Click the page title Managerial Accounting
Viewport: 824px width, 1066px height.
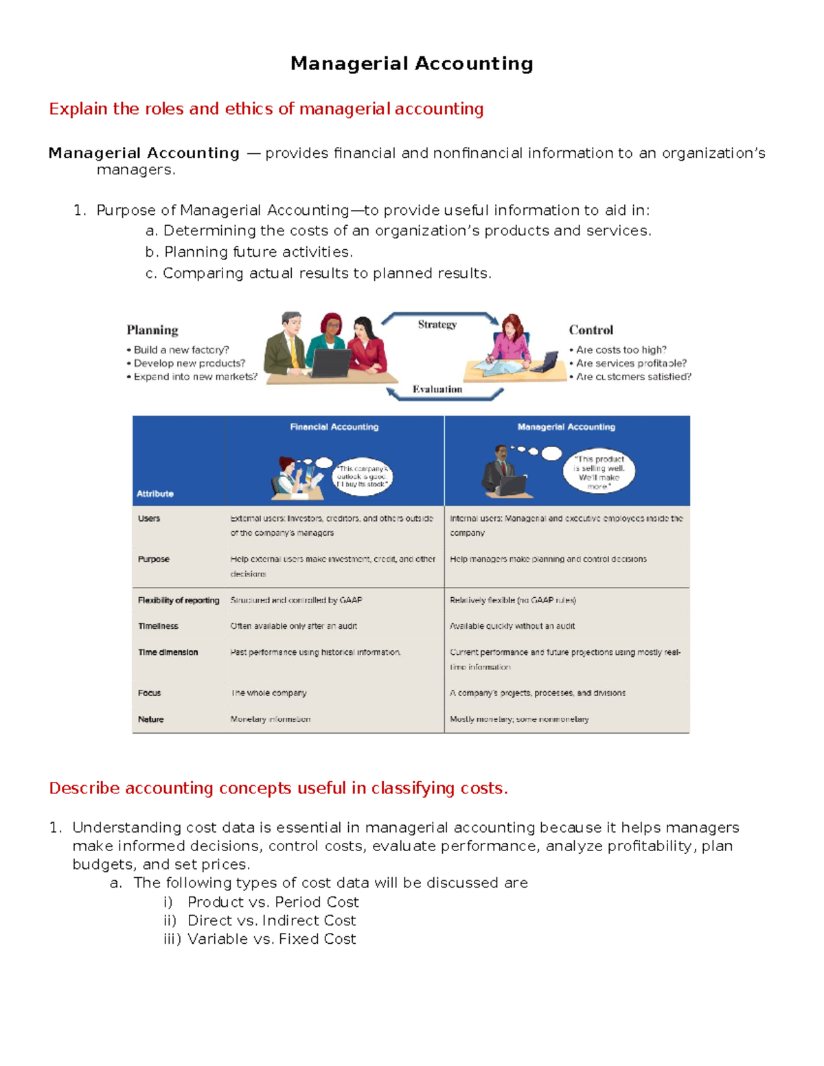coord(411,64)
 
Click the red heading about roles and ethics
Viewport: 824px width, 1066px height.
coord(266,109)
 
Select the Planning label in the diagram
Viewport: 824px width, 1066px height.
coord(152,330)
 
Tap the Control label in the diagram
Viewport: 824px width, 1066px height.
coord(591,330)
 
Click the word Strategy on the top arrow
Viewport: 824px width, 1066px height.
coord(437,325)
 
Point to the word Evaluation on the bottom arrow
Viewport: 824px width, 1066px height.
coord(437,389)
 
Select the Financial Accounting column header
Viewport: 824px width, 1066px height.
coord(334,427)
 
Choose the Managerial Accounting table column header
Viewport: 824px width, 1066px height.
coord(566,427)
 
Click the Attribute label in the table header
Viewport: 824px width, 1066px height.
coord(154,494)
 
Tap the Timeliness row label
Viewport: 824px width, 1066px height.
coord(158,626)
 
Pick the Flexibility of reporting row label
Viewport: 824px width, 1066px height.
coord(179,600)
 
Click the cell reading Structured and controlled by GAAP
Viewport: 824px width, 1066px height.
coord(296,600)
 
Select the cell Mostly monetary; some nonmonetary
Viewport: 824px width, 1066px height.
coord(519,719)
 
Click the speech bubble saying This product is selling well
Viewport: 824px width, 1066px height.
coord(599,472)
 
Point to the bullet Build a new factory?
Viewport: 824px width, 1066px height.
coord(181,350)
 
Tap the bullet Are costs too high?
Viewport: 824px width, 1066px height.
coord(621,350)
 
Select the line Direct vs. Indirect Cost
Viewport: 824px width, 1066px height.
coord(271,920)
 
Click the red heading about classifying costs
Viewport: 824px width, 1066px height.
coord(278,788)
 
